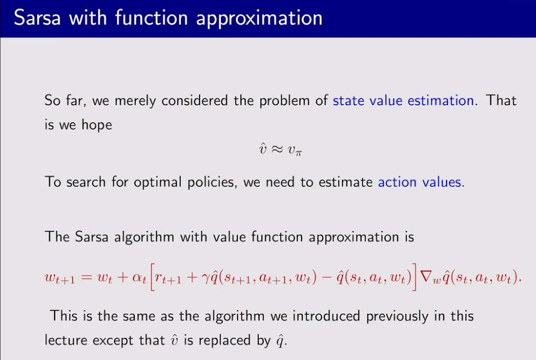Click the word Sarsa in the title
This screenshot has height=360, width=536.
(x=37, y=18)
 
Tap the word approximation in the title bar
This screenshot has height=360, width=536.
(x=259, y=19)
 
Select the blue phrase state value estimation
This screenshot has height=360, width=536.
(x=403, y=101)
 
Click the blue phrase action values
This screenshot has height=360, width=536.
(x=420, y=182)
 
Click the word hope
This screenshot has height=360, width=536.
(x=97, y=125)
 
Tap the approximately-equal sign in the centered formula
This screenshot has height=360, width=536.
(x=277, y=149)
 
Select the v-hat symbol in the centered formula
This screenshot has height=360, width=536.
(x=263, y=149)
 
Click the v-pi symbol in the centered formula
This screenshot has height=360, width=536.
(x=294, y=151)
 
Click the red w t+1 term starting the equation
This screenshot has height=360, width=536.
(x=60, y=278)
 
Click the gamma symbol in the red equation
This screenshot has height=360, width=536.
(x=205, y=278)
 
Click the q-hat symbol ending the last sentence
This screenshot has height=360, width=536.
(x=279, y=341)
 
